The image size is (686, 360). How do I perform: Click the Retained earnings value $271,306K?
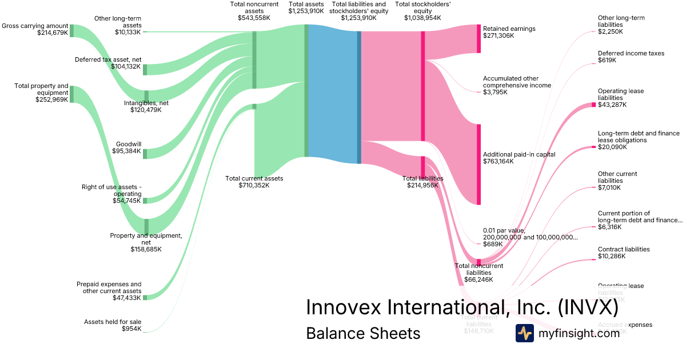coord(498,35)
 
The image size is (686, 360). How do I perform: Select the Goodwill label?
coord(128,144)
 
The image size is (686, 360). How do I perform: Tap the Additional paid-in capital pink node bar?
coord(478,164)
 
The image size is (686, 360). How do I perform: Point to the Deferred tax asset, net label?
coord(108,59)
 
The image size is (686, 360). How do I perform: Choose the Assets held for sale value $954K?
coord(131,329)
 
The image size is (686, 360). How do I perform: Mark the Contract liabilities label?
coord(624,249)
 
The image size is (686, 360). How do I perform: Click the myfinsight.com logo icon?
coord(524,333)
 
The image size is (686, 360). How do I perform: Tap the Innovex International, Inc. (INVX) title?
coord(462,307)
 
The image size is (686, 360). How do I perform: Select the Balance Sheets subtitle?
coord(363,333)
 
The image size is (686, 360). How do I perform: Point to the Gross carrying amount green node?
coord(71,30)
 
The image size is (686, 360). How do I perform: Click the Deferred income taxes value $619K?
coord(607,60)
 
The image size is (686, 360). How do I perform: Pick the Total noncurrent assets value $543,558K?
coord(254,18)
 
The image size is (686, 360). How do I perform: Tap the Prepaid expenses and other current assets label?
coord(109,287)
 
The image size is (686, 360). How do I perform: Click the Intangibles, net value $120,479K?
coord(146,110)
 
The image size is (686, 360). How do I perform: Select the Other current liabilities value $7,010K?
coord(609,187)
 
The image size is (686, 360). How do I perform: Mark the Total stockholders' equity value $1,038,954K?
coord(422,18)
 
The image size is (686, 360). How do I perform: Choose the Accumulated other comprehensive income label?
coord(517,82)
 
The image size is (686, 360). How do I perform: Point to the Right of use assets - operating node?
coord(145,201)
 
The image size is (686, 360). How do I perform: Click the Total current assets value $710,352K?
coord(254,185)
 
